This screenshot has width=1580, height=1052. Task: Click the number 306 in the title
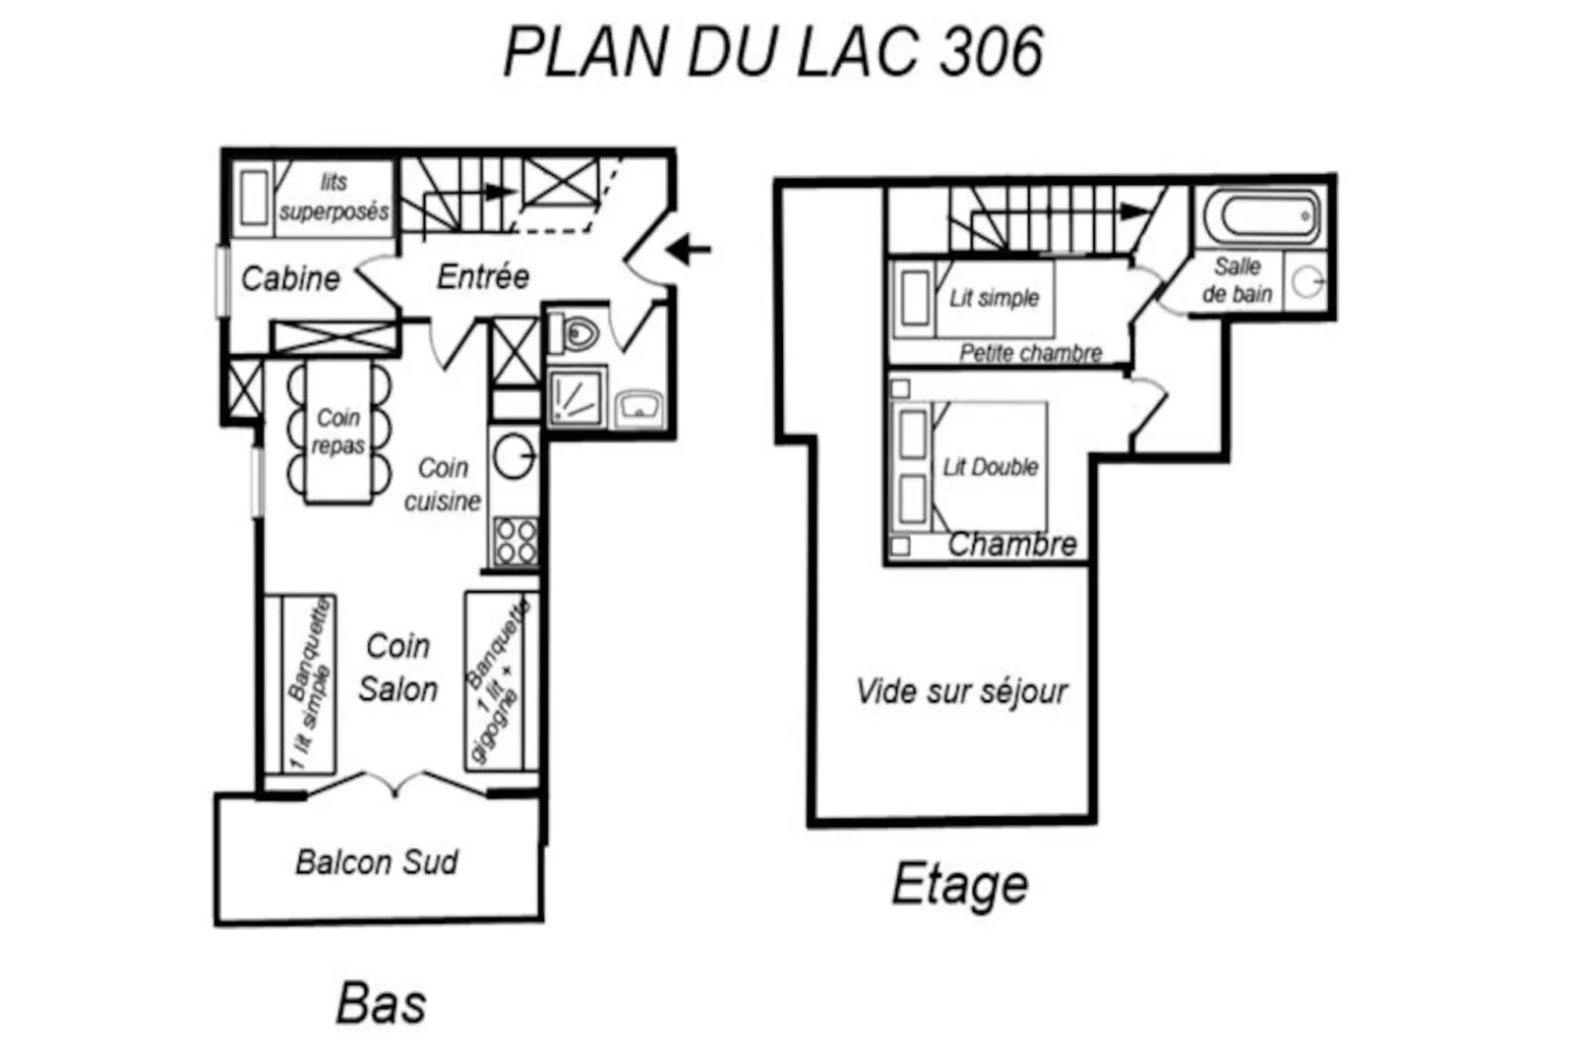pyautogui.click(x=991, y=52)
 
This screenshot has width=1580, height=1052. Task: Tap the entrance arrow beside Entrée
pyautogui.click(x=689, y=249)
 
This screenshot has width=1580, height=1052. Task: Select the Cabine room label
pyautogui.click(x=290, y=278)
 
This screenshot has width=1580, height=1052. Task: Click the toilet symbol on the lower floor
pyautogui.click(x=577, y=334)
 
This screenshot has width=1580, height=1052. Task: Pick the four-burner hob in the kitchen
pyautogui.click(x=516, y=540)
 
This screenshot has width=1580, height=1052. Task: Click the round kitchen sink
pyautogui.click(x=514, y=456)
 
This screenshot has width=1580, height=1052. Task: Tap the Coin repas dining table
pyautogui.click(x=338, y=432)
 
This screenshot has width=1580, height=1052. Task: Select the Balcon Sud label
pyautogui.click(x=377, y=862)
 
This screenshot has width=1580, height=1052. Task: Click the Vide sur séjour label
pyautogui.click(x=961, y=691)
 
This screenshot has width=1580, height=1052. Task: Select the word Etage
pyautogui.click(x=959, y=885)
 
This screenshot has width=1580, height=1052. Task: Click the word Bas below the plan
pyautogui.click(x=381, y=1004)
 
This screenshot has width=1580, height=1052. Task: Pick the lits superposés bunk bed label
pyautogui.click(x=334, y=197)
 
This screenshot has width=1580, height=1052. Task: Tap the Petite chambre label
pyautogui.click(x=1030, y=353)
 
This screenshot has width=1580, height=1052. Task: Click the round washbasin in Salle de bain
pyautogui.click(x=1307, y=282)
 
